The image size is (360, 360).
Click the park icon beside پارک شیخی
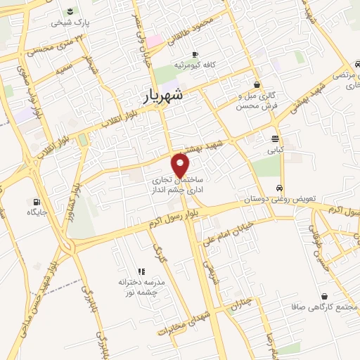pyautogui.click(x=71, y=11)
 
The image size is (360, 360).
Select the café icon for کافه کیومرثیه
pyautogui.click(x=195, y=55)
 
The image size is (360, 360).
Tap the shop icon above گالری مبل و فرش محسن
pyautogui.click(x=257, y=84)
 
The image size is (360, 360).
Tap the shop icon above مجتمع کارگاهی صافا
pyautogui.click(x=323, y=297)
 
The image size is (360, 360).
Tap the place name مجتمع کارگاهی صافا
pyautogui.click(x=323, y=308)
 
